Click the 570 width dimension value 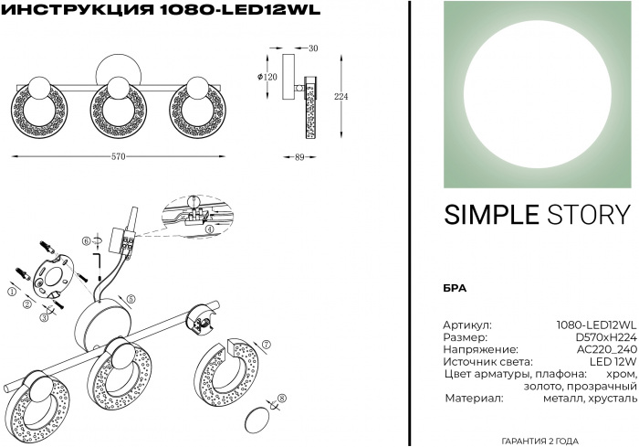[x=118, y=156]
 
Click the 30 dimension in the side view [x=313, y=48]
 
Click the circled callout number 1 [x=11, y=292]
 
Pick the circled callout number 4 [x=209, y=229]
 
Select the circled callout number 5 [x=131, y=298]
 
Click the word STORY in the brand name [x=589, y=214]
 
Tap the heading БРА [x=455, y=287]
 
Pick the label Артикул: [x=467, y=325]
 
